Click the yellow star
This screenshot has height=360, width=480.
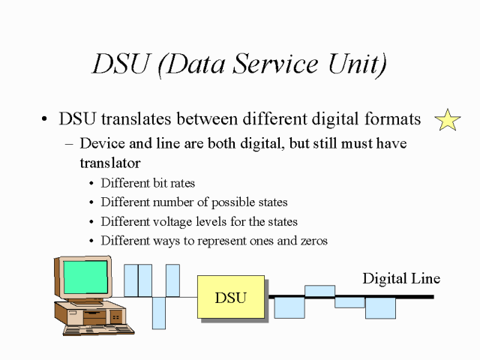[x=448, y=120]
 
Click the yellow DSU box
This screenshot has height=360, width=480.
[x=230, y=297]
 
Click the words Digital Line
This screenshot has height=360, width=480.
[x=401, y=279]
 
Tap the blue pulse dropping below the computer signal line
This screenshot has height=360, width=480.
[x=158, y=313]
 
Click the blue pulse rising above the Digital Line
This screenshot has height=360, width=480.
[x=319, y=290]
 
